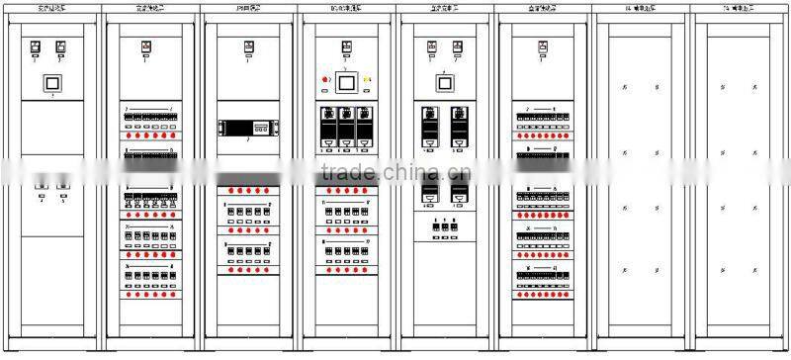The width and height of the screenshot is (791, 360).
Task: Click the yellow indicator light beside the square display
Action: click(x=368, y=79)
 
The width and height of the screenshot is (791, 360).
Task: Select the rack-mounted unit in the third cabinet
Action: click(x=247, y=128)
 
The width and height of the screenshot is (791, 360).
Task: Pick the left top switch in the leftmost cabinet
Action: click(x=38, y=46)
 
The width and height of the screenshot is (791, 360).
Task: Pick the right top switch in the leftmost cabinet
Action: click(x=62, y=46)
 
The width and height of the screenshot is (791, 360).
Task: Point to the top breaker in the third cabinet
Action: click(x=247, y=46)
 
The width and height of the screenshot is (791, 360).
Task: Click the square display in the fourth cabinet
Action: click(x=346, y=80)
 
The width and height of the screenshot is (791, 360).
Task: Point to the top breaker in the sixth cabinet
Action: click(x=543, y=46)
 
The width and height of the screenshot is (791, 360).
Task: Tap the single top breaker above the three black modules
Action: click(x=346, y=46)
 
